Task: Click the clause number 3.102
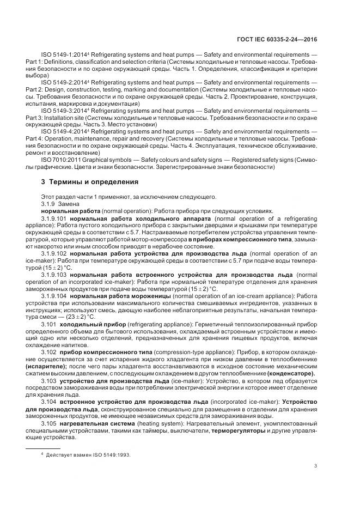[x=48, y=354]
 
